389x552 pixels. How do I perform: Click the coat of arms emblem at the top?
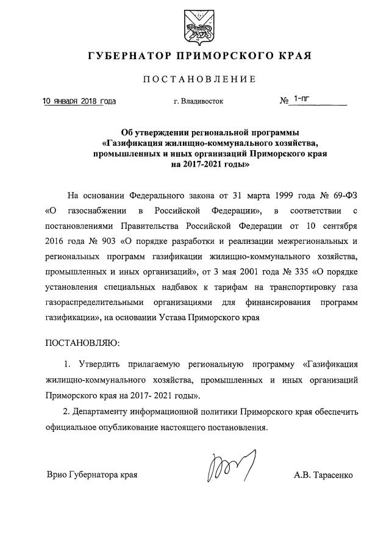[194, 25]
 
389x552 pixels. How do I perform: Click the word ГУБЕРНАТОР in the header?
[127, 56]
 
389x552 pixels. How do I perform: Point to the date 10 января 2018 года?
[79, 101]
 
